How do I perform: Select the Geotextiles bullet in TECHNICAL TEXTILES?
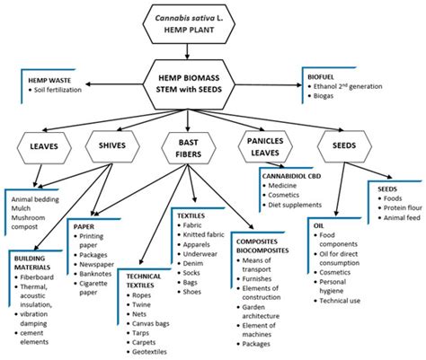(x=151, y=354)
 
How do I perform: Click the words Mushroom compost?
(x=35, y=221)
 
